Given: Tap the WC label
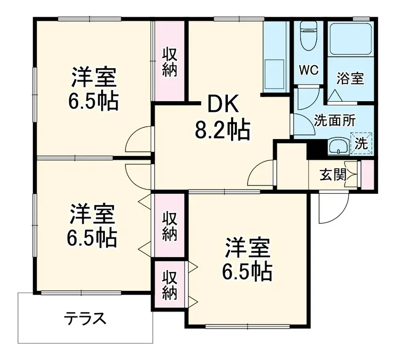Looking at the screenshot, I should (308, 70).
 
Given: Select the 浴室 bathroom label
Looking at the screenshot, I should (350, 78).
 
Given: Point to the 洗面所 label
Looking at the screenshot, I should (334, 120).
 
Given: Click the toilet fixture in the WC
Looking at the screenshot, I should (308, 37).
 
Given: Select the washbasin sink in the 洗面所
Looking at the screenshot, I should (337, 145).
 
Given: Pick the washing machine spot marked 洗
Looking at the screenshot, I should (361, 143).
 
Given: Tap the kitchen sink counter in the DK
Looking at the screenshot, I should (276, 59).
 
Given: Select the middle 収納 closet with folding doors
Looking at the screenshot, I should (169, 226).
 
